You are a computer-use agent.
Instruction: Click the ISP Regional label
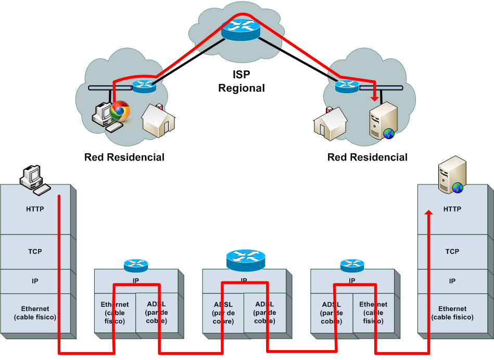242,81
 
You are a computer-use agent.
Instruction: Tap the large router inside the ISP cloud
240,29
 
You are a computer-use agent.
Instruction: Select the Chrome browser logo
120,110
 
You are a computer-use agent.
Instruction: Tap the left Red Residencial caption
124,157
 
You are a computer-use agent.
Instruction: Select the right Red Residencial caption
368,157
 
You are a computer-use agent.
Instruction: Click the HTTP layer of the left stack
35,209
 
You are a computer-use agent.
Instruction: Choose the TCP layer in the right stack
452,252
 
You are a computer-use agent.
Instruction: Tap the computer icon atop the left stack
34,179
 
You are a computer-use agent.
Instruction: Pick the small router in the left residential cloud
144,85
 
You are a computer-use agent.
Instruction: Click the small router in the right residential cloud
347,86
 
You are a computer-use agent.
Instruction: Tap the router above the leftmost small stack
136,265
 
